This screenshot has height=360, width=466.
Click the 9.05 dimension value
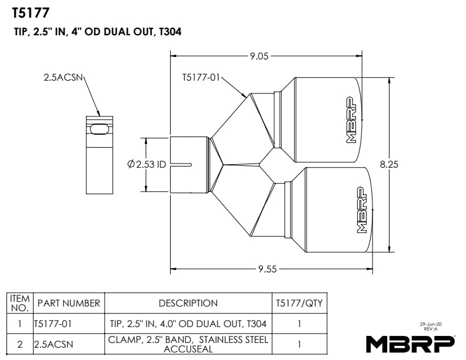[x=259, y=56]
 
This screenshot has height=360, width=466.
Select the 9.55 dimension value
[x=268, y=269]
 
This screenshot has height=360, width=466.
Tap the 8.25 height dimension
[x=389, y=164]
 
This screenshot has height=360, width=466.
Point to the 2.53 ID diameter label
[x=147, y=164]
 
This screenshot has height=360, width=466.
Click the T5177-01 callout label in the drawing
[x=201, y=78]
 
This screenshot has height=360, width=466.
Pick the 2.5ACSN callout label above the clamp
[x=63, y=78]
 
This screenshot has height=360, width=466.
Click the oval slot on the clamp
[x=99, y=129]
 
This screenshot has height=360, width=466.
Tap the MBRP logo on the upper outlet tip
[x=352, y=119]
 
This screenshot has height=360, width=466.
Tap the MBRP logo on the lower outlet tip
[x=361, y=209]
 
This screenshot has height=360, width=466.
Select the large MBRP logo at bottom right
[x=410, y=344]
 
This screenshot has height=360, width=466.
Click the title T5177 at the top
[x=31, y=13]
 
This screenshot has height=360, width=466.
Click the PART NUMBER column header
[x=69, y=304]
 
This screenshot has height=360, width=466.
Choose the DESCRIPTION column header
[x=188, y=304]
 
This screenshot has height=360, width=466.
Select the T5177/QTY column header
[x=299, y=304]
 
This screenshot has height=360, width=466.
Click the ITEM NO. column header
[x=20, y=304]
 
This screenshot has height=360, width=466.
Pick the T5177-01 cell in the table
[x=53, y=324]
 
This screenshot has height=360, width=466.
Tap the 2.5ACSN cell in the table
[x=54, y=344]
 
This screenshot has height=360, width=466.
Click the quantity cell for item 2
[x=299, y=344]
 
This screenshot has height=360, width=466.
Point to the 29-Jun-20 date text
[x=431, y=324]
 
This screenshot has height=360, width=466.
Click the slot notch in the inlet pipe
[x=181, y=164]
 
